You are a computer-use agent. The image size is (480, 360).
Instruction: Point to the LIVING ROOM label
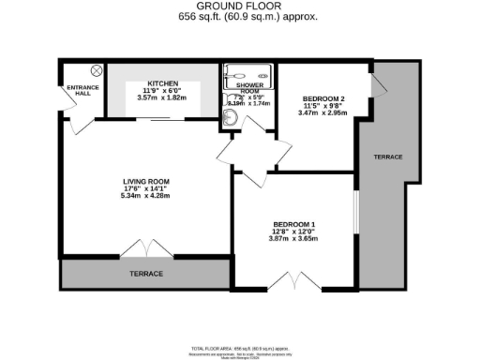(x=143, y=181)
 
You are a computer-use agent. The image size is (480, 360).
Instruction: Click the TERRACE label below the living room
(x=145, y=274)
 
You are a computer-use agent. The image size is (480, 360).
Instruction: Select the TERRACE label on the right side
(x=387, y=157)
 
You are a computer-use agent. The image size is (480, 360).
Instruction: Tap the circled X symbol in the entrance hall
(x=96, y=71)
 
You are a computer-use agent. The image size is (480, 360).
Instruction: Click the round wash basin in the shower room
(x=231, y=118)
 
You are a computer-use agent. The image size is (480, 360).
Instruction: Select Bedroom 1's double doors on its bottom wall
(x=292, y=280)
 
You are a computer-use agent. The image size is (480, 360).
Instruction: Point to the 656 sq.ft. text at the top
(x=239, y=17)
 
